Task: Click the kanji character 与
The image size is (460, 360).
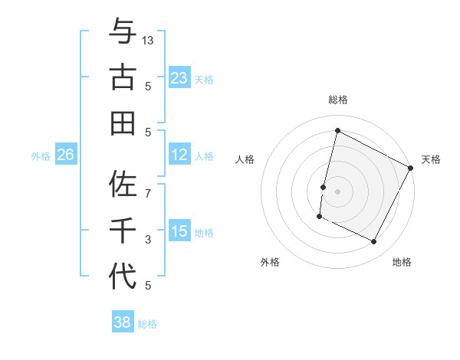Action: [x=123, y=32]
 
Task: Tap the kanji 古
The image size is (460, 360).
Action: [x=123, y=77]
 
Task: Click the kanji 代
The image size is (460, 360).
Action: [x=123, y=276]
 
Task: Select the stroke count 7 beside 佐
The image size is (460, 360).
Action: [x=148, y=186]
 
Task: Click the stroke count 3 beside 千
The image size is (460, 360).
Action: [x=148, y=240]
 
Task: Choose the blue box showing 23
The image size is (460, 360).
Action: [x=179, y=78]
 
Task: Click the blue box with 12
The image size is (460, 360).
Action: [x=179, y=155]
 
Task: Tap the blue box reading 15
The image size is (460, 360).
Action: [x=179, y=232]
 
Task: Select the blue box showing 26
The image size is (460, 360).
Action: [x=65, y=155]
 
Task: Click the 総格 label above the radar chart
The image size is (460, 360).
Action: [x=337, y=100]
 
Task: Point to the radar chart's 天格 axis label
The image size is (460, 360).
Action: [x=431, y=159]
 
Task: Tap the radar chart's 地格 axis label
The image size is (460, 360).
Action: [x=402, y=262]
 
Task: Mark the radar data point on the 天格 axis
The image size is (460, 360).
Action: [x=411, y=168]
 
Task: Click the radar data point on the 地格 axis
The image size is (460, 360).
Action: [x=374, y=242]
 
